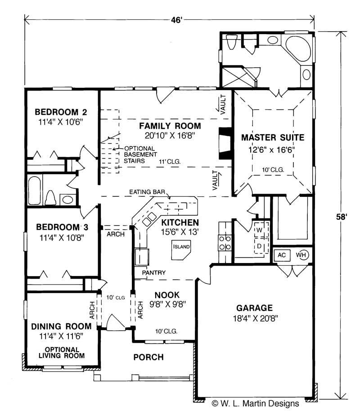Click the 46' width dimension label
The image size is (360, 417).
[176, 20]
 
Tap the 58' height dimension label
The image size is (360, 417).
[342, 217]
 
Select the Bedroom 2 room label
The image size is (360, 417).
[61, 112]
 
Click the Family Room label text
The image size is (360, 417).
[170, 126]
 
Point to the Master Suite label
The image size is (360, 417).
[273, 137]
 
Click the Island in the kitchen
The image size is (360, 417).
[181, 250]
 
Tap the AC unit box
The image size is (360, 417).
[282, 255]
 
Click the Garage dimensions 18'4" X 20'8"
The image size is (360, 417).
[255, 318]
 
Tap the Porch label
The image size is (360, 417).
[148, 357]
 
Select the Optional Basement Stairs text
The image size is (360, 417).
[140, 154]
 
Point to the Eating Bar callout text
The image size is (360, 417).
[147, 192]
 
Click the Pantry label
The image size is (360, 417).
[153, 272]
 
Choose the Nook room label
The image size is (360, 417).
[167, 295]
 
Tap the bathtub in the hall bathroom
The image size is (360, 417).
[34, 190]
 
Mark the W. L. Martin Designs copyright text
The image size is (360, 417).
[255, 403]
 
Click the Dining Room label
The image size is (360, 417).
[61, 326]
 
